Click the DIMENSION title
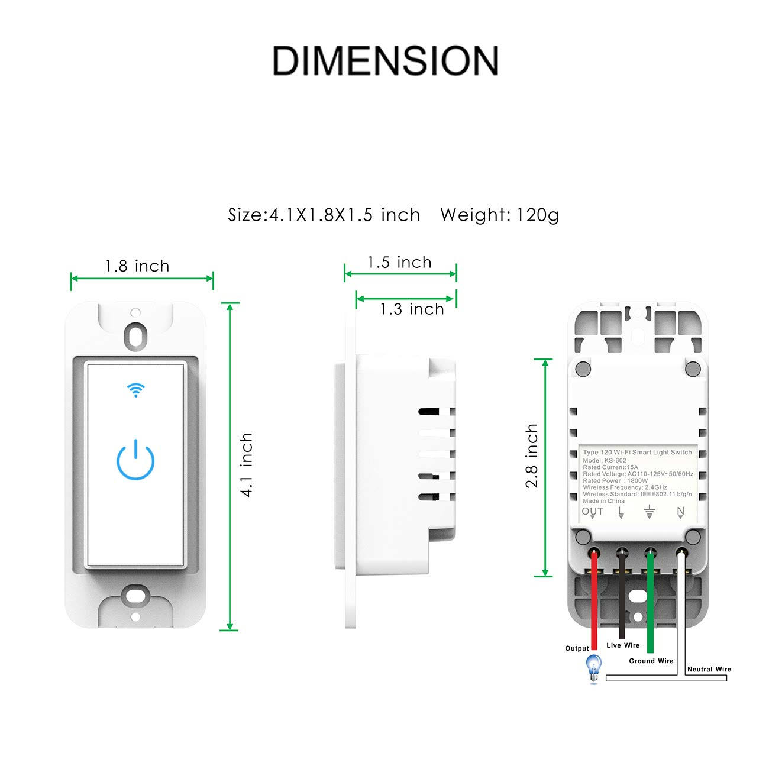click(385, 60)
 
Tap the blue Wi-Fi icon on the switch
click(135, 390)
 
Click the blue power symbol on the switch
click(135, 460)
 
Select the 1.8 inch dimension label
click(137, 266)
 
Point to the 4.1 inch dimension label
click(247, 465)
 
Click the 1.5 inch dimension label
click(400, 262)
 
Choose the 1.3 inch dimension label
click(412, 309)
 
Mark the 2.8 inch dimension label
click(532, 456)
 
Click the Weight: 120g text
click(499, 215)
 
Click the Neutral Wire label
click(709, 669)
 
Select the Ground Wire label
click(651, 661)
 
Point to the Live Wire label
click(623, 645)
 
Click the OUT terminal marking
click(592, 512)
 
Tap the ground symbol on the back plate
click(650, 512)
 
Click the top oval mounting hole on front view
click(135, 335)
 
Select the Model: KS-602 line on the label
click(605, 460)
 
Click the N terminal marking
click(680, 512)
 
